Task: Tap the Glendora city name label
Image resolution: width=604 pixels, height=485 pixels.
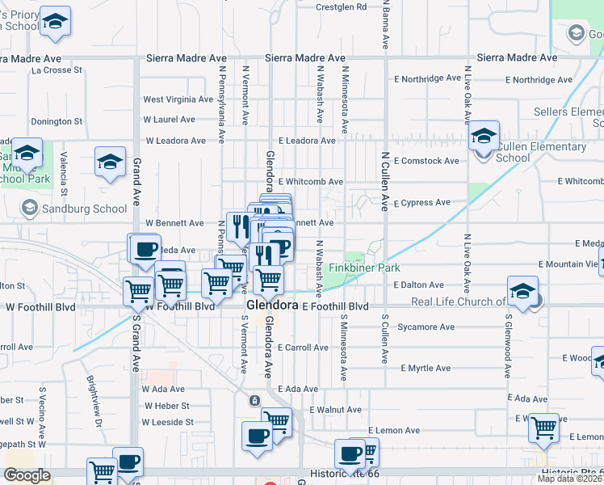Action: coord(273,305)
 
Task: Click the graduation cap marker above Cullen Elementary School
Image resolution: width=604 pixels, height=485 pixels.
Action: coord(484,136)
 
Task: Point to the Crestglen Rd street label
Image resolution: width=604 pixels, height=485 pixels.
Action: coord(341,6)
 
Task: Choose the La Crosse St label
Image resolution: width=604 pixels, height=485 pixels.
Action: coord(57,70)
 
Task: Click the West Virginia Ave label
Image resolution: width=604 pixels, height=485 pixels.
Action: coord(178,99)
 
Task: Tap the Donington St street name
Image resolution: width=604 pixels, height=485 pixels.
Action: coord(57,122)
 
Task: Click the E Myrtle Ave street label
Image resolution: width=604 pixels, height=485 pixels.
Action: coord(422,369)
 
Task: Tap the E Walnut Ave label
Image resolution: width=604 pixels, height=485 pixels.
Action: coord(335,410)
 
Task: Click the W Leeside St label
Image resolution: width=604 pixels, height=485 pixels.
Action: coord(168,422)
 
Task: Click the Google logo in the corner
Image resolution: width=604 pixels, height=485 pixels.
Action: coord(27,475)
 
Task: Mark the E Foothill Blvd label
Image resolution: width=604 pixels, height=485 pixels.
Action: coord(335,307)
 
